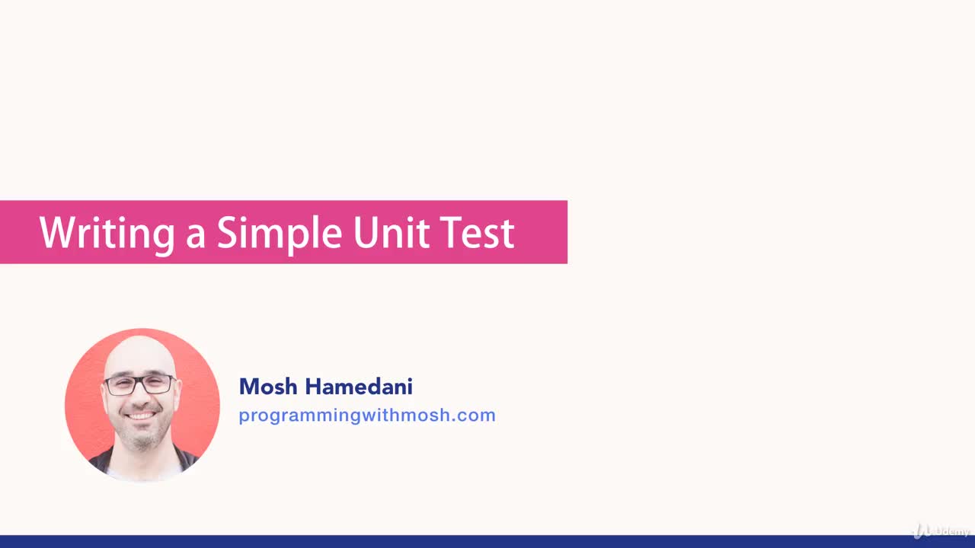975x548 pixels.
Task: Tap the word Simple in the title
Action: click(x=280, y=233)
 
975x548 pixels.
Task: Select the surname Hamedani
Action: click(x=359, y=387)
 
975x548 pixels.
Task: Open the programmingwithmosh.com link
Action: click(x=366, y=416)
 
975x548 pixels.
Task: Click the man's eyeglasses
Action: click(x=140, y=384)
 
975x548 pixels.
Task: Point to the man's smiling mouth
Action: click(x=142, y=416)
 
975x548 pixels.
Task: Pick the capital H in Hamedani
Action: click(x=313, y=387)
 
